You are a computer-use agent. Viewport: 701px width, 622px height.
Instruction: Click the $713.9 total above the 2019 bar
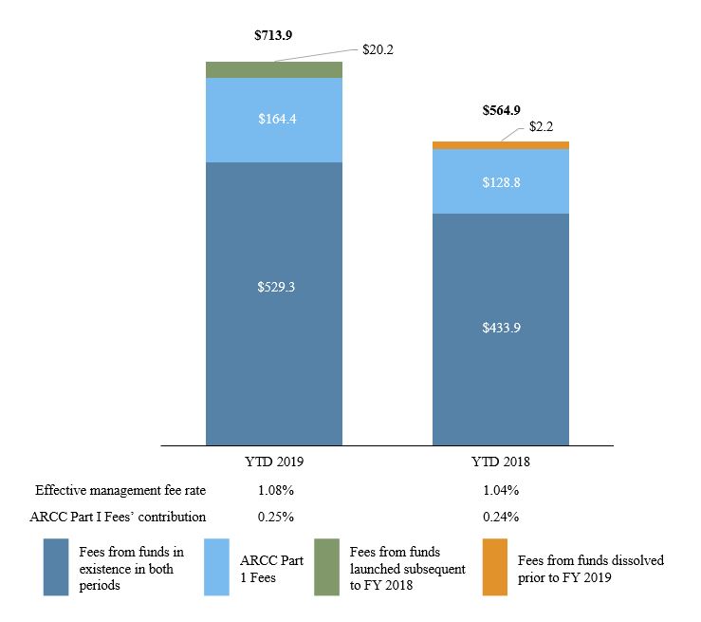coord(273,35)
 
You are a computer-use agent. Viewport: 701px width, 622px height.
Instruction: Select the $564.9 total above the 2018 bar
coord(501,110)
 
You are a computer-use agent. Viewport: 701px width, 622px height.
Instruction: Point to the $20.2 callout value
coord(378,49)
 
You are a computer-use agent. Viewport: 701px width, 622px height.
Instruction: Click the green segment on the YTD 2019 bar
coord(273,69)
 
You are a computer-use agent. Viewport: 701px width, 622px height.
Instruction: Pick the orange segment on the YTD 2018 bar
coord(501,145)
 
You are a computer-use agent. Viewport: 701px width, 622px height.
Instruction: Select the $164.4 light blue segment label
coord(273,120)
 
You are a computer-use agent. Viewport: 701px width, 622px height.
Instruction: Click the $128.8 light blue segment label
coord(501,181)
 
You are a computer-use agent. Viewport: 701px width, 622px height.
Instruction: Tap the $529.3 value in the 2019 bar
coord(273,286)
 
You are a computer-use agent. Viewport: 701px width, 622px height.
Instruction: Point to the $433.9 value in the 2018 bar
coord(501,328)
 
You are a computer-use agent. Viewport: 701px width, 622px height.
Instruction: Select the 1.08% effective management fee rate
coord(273,491)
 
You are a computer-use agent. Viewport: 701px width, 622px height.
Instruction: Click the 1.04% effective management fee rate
coord(501,491)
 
